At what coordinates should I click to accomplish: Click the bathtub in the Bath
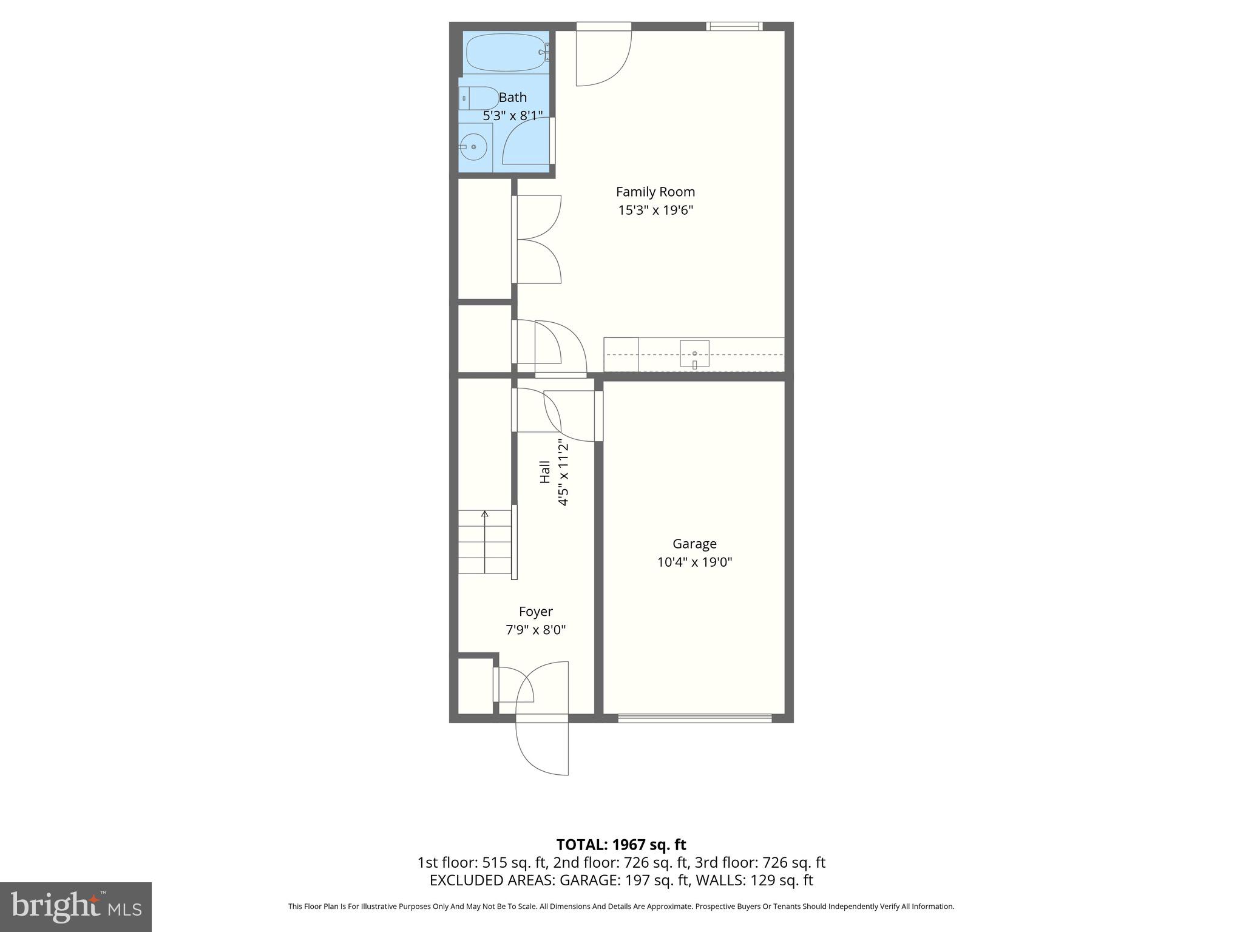point(506,52)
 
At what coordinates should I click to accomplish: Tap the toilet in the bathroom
point(479,98)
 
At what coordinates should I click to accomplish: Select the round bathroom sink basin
point(473,147)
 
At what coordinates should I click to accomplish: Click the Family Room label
point(655,192)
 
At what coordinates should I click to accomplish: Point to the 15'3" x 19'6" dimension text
point(655,211)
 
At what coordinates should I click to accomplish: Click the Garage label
point(694,544)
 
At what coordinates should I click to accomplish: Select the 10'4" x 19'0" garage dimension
point(694,562)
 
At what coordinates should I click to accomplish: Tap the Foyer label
point(535,612)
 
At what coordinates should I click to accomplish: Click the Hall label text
point(545,472)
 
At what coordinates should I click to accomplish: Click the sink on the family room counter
point(694,354)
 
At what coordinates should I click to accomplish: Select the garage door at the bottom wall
point(694,718)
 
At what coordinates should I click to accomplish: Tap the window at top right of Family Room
point(734,26)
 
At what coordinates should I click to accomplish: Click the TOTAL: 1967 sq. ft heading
point(621,845)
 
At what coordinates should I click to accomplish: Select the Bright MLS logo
point(76,907)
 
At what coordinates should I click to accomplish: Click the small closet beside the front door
point(475,686)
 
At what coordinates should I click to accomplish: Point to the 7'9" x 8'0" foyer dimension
point(535,630)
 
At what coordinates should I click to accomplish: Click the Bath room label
point(513,97)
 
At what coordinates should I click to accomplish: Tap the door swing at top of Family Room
point(603,58)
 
